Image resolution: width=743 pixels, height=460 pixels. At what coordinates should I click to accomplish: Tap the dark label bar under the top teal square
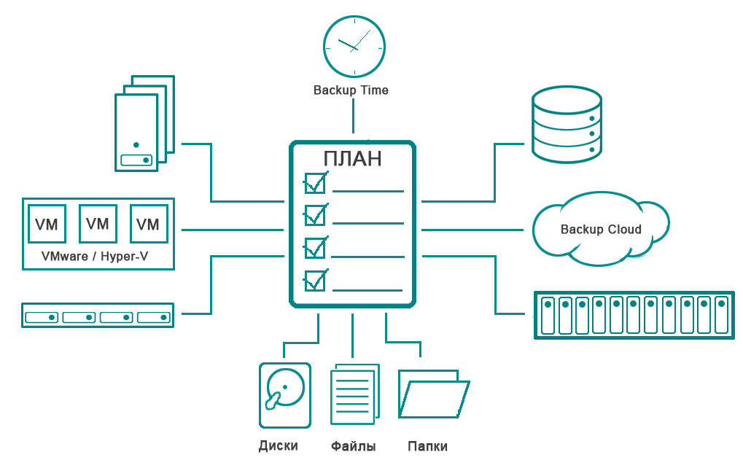(x=351, y=91)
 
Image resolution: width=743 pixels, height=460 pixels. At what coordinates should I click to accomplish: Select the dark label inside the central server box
(x=352, y=158)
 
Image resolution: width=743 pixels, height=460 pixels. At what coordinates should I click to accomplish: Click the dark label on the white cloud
(x=601, y=230)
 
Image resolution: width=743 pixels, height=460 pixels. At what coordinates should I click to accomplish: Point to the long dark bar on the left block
(x=95, y=257)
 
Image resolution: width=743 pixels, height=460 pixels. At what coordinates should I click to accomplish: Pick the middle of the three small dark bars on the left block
(x=97, y=224)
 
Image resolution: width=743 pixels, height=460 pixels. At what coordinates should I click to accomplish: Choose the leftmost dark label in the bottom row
(x=278, y=446)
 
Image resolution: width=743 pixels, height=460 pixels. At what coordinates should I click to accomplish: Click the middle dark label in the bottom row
(x=353, y=446)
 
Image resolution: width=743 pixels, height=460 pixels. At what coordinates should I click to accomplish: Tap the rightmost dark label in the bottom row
(x=428, y=446)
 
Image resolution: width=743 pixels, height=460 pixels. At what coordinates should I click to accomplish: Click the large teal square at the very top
(x=352, y=45)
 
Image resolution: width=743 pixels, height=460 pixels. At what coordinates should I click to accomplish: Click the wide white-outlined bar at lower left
(x=97, y=315)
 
